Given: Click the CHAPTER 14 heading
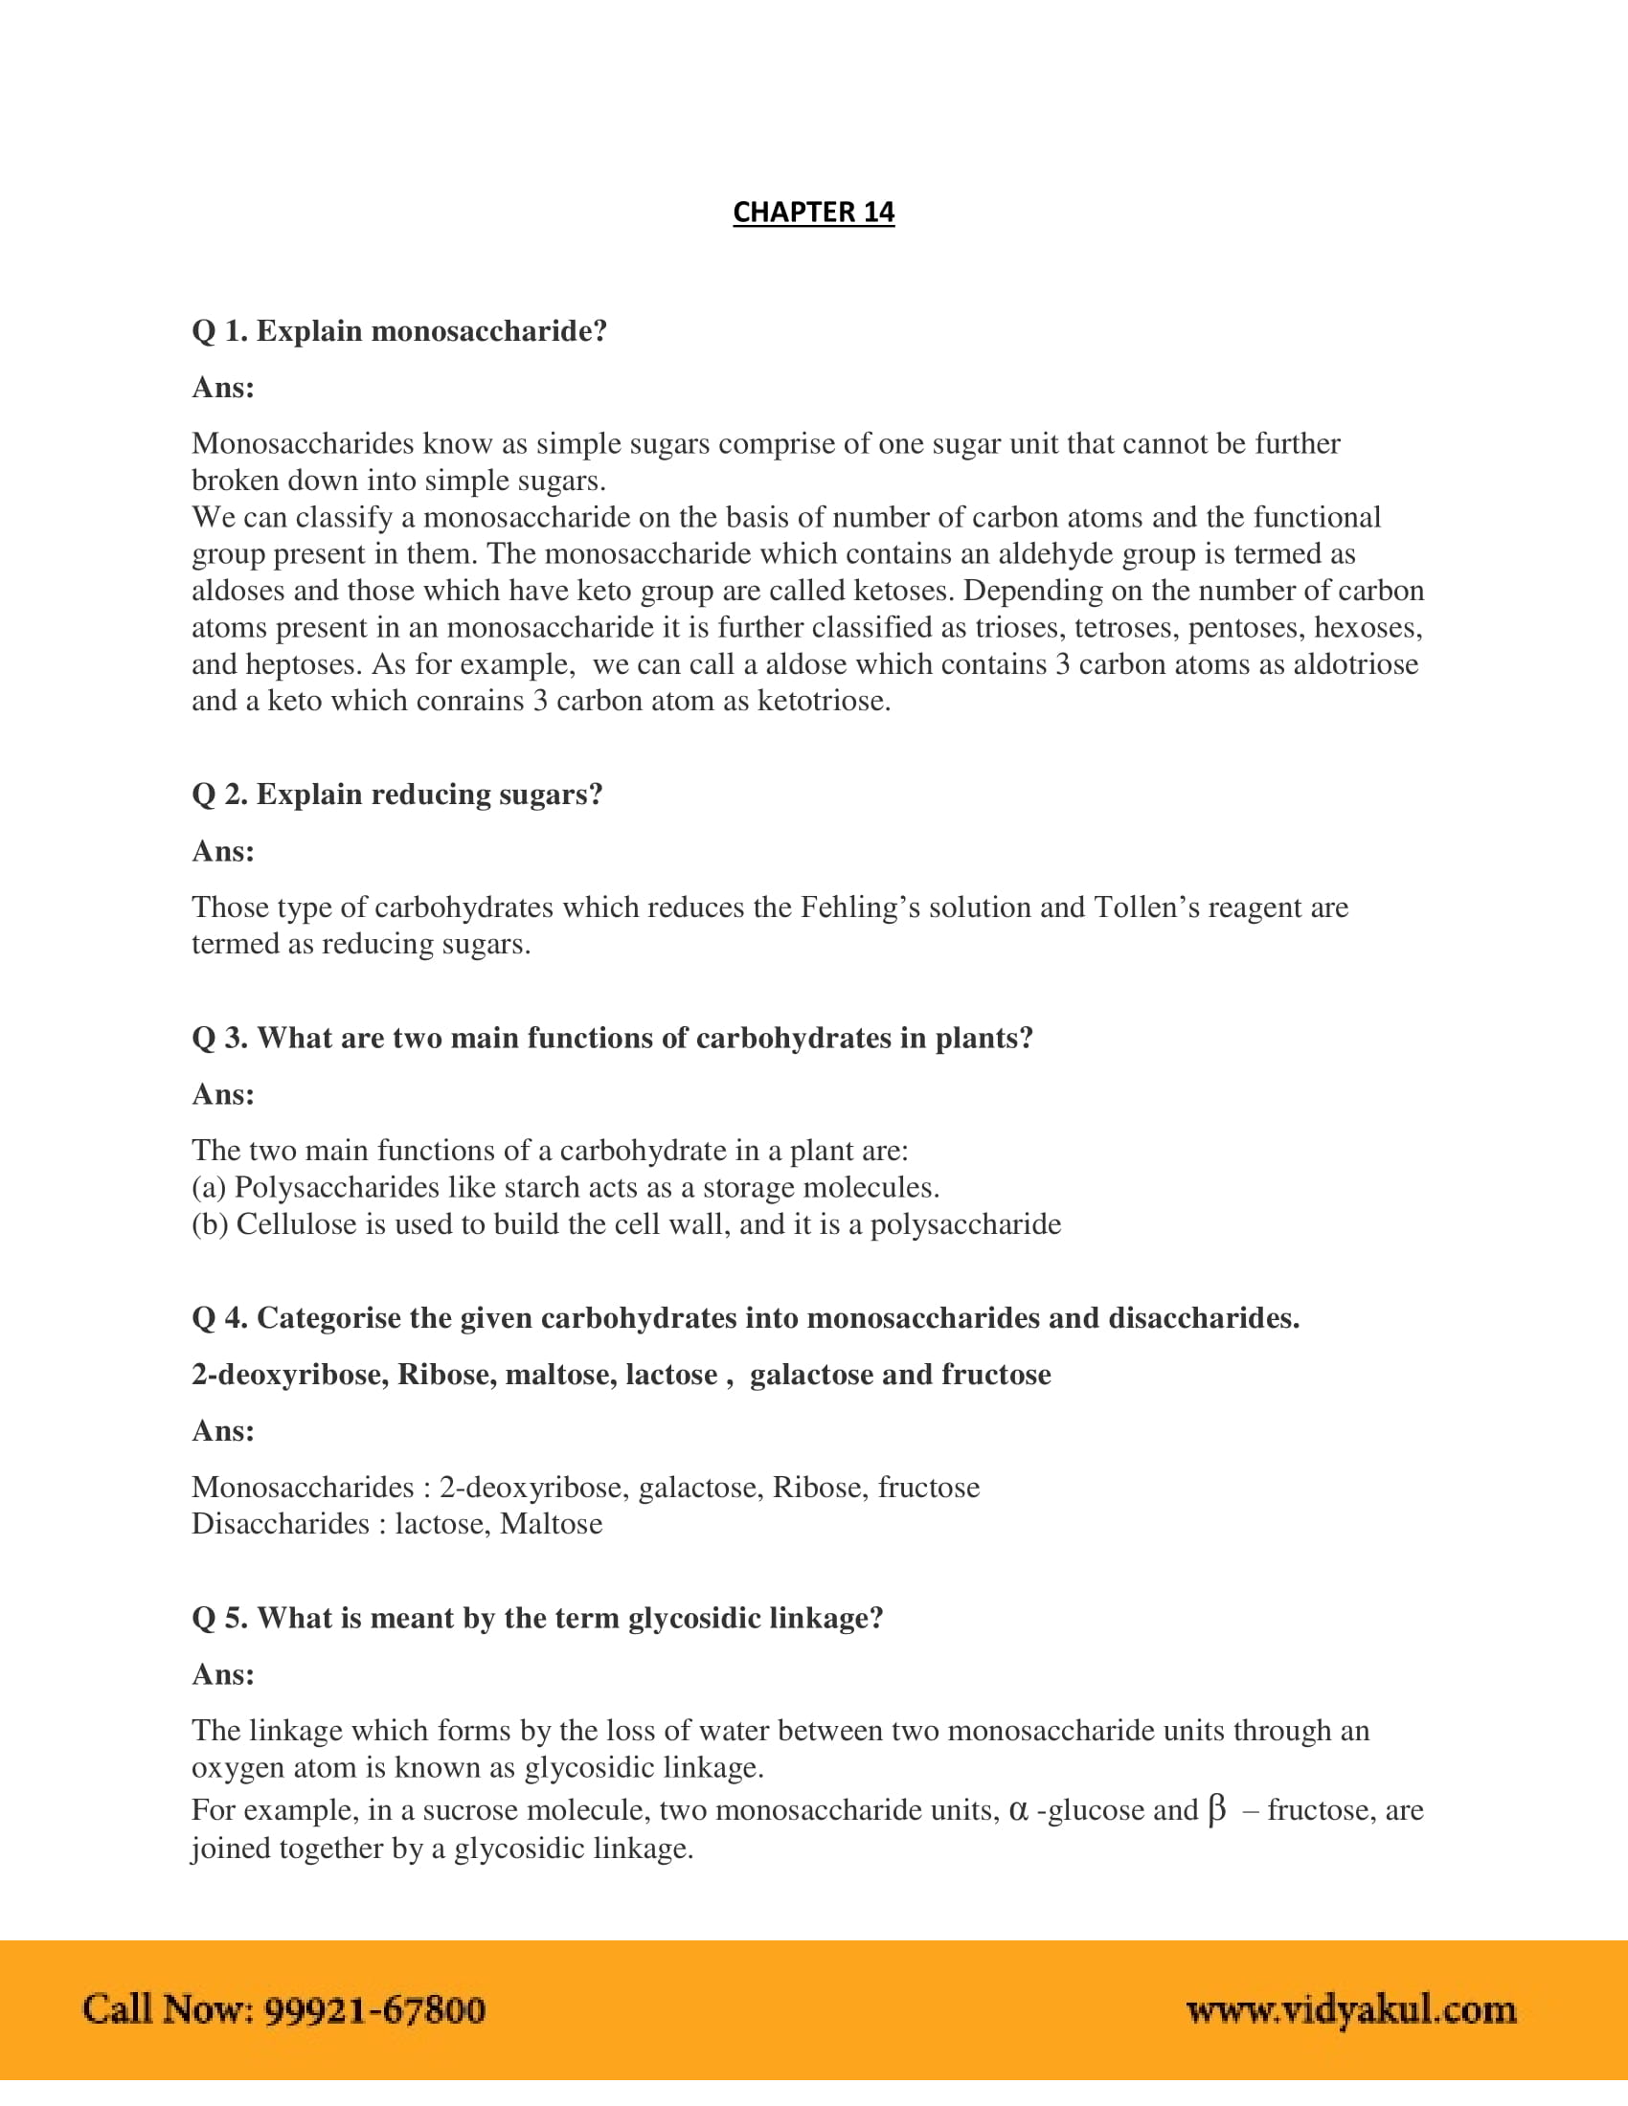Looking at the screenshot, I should (813, 213).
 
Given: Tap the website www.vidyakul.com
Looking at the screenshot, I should (1350, 2009).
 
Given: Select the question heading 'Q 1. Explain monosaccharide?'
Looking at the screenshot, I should (399, 331).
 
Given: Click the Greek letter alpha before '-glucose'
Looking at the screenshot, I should (1019, 1810).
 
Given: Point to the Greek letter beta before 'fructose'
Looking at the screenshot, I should (1217, 1810).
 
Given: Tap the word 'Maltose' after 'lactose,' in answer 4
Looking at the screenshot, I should (551, 1524).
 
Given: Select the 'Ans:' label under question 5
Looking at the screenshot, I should (223, 1674).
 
